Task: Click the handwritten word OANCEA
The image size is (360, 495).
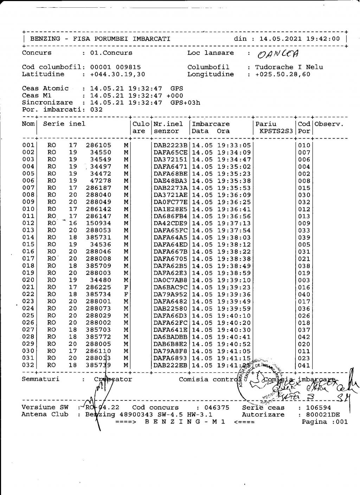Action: click(278, 53)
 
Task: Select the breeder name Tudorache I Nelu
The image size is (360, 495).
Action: click(289, 67)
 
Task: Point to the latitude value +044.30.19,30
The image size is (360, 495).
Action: click(117, 74)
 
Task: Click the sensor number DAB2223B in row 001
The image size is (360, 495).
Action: click(171, 145)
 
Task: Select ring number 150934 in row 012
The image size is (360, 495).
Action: click(98, 223)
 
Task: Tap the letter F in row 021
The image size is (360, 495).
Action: click(126, 287)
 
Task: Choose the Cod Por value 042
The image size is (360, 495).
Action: click(304, 337)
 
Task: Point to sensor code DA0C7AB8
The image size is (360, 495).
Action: click(171, 280)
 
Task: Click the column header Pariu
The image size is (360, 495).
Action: click(266, 124)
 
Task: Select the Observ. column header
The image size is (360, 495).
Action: click(329, 124)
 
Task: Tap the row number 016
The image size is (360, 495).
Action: click(28, 252)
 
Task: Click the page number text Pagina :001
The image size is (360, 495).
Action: click(324, 422)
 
